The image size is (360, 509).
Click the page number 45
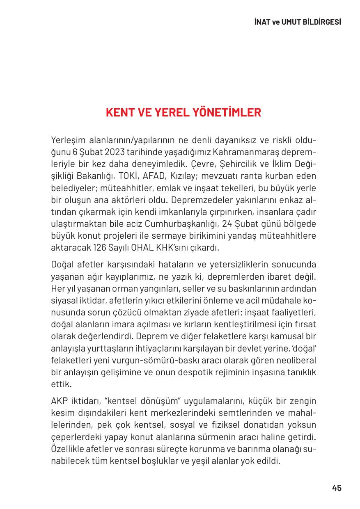(x=337, y=488)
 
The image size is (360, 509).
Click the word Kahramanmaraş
(x=244, y=153)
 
